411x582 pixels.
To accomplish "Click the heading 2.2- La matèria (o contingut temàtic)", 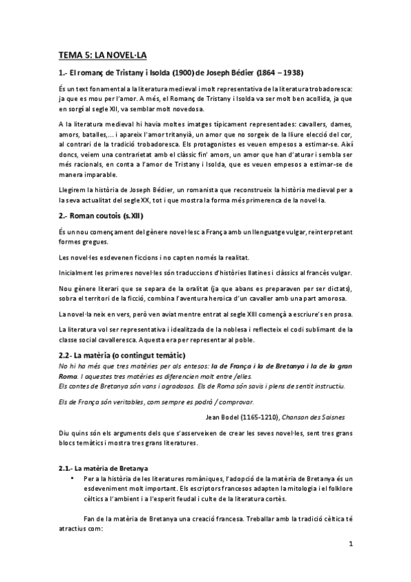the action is click(122, 355).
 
